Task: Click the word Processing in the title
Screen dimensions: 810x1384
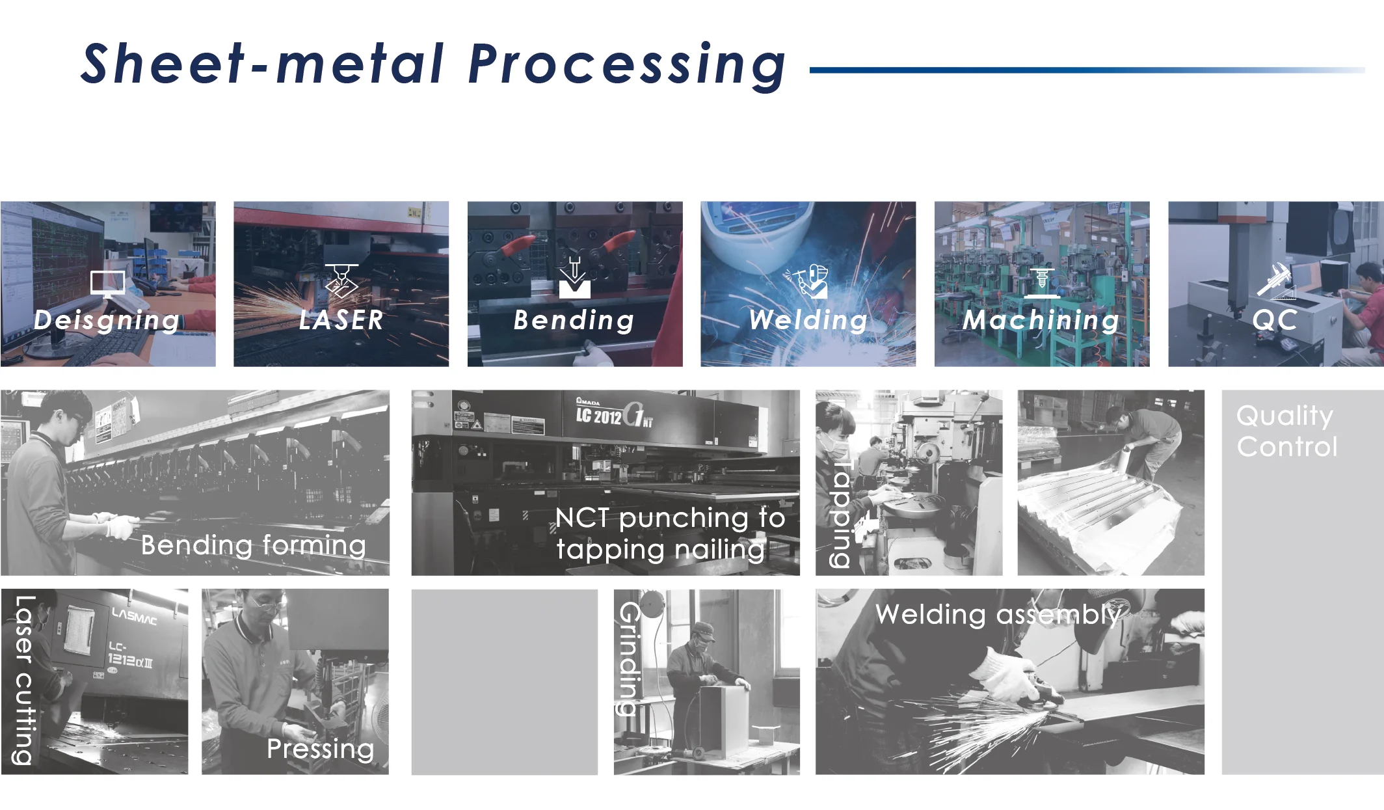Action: tap(627, 65)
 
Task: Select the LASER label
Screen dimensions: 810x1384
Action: tap(341, 320)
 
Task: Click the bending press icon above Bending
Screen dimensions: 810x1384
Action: tap(574, 280)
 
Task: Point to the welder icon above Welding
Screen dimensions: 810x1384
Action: tap(809, 282)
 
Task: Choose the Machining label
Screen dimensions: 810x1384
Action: tap(1041, 320)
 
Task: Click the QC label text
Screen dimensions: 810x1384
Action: tap(1275, 320)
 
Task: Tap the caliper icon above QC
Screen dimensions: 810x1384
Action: tap(1275, 281)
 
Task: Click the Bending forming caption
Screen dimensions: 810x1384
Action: tap(254, 545)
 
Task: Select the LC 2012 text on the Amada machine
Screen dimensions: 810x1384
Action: tap(598, 415)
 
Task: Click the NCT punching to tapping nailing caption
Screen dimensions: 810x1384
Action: tap(670, 533)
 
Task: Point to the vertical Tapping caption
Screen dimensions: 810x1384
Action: tap(842, 514)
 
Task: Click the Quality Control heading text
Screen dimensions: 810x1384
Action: tap(1286, 431)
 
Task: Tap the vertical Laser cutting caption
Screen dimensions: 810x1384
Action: tap(24, 680)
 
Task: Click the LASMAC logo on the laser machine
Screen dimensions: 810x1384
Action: tap(134, 615)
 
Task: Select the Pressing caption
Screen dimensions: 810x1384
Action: tap(320, 749)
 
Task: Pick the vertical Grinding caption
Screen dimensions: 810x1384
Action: tap(630, 658)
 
